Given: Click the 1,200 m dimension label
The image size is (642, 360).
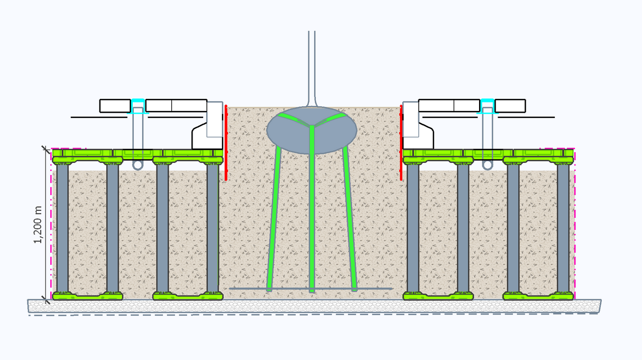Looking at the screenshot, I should [38, 224].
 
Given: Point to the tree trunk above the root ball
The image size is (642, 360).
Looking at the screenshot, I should [311, 63].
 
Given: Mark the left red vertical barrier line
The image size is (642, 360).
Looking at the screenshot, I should [226, 143].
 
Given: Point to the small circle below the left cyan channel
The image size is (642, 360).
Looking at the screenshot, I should [138, 165].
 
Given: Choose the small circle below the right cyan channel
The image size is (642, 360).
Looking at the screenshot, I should [487, 165].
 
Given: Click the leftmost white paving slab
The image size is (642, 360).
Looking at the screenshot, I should [115, 106].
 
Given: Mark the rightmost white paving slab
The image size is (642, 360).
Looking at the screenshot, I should [510, 106].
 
